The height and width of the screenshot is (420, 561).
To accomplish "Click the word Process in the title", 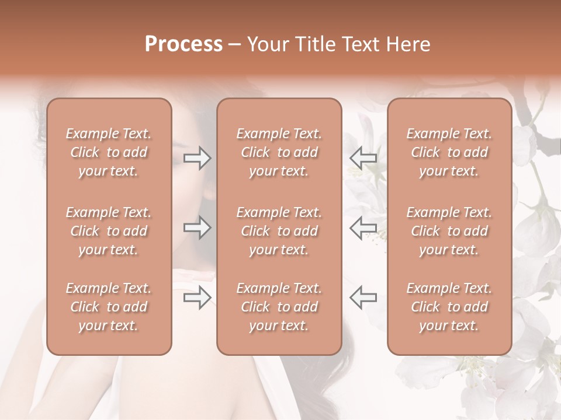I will (183, 44).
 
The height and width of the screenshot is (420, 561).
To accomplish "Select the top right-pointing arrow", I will (198, 157).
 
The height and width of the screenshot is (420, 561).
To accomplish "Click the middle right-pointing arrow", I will (198, 228).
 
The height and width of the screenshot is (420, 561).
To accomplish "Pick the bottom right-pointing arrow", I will (198, 297).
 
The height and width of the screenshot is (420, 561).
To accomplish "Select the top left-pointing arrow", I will (363, 157).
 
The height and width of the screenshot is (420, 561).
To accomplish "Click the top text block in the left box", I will (109, 152).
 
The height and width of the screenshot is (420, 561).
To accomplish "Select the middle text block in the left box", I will (109, 231).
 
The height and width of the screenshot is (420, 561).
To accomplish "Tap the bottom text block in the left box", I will (109, 307).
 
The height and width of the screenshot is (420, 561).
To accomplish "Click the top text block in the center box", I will (279, 152).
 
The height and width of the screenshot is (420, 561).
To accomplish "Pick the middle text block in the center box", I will (279, 231).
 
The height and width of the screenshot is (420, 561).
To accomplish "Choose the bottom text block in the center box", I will (279, 307).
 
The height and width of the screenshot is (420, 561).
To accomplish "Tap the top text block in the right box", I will (449, 152).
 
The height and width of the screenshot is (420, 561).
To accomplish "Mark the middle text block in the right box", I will (449, 231).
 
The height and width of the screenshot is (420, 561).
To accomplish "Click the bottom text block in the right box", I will (449, 307).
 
